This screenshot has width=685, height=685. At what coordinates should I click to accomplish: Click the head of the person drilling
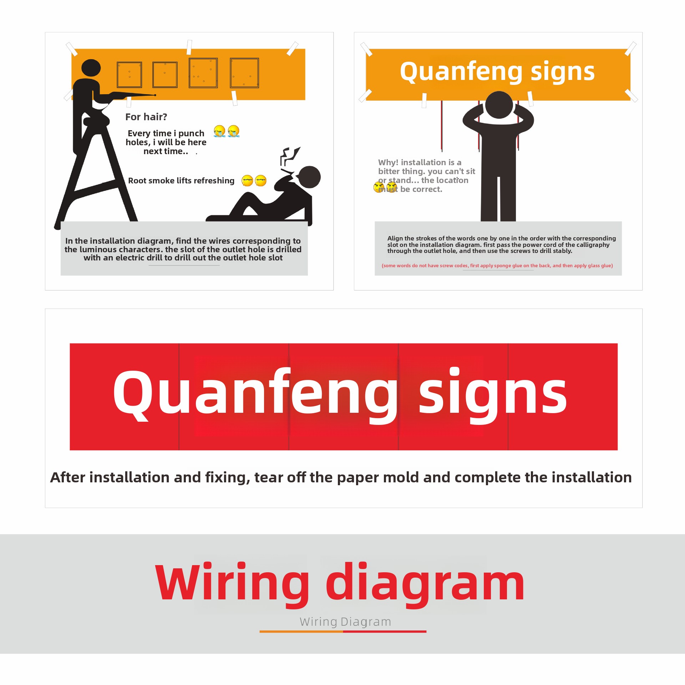click(x=91, y=68)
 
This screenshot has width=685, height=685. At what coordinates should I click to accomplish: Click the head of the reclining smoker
click(x=309, y=177)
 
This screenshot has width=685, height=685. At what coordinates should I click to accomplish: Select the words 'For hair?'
click(x=146, y=117)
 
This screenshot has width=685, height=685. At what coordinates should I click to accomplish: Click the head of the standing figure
click(x=499, y=105)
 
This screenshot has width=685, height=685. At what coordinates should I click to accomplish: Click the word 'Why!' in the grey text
click(x=388, y=162)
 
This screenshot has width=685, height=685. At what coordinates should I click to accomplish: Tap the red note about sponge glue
click(x=497, y=265)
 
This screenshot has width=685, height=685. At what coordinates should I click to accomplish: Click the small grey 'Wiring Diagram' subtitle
click(x=345, y=622)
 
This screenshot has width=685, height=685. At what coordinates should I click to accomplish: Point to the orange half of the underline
click(x=301, y=631)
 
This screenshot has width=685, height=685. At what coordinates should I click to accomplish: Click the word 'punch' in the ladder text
click(x=191, y=133)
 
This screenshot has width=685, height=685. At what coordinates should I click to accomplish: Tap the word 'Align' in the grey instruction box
click(x=395, y=238)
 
